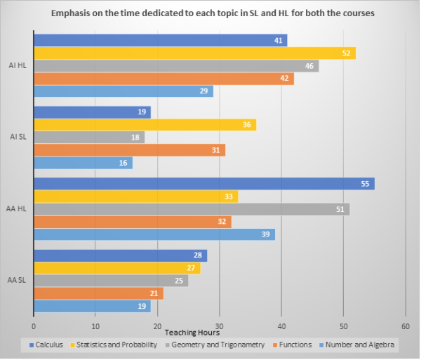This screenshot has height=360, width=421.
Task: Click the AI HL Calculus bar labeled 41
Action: pos(160,41)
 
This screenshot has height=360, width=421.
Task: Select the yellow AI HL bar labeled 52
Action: pos(194,53)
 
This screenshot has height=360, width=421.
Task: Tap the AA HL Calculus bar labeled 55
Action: pos(203,184)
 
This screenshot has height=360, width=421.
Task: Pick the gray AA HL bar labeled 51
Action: pos(191,209)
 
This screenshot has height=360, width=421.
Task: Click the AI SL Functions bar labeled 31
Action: pos(129,150)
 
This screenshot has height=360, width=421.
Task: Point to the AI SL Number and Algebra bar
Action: pos(83,163)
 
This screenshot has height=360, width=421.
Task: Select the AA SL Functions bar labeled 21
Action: pos(98,293)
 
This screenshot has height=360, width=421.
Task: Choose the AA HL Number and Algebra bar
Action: pos(154,234)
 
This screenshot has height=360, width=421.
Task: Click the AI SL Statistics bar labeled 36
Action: pos(145,125)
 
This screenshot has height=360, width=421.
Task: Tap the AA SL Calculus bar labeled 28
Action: pos(120,255)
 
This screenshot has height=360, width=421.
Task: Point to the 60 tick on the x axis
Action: pos(406,326)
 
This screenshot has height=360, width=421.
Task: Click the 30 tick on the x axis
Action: pos(219,326)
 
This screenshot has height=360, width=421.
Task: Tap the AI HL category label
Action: pos(17,65)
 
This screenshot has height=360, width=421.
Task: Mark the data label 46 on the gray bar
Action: pos(309,66)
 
